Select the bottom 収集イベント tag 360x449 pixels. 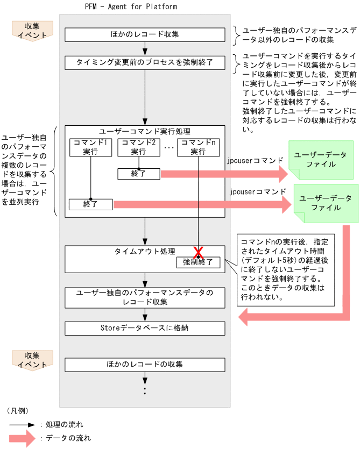pos(32,360)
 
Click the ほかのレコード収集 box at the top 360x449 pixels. pos(145,34)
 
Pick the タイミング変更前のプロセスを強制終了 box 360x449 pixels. pos(145,62)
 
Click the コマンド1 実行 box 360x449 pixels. pos(90,147)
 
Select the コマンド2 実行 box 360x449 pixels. pos(139,147)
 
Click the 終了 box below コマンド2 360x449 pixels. pos(139,174)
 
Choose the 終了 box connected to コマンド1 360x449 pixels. pos(90,204)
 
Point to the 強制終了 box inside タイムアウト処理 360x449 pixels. pos(198,262)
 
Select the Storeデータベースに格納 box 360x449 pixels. pos(145,327)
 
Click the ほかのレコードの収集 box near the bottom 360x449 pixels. pos(145,365)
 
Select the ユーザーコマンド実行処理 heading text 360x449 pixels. pos(145,131)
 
